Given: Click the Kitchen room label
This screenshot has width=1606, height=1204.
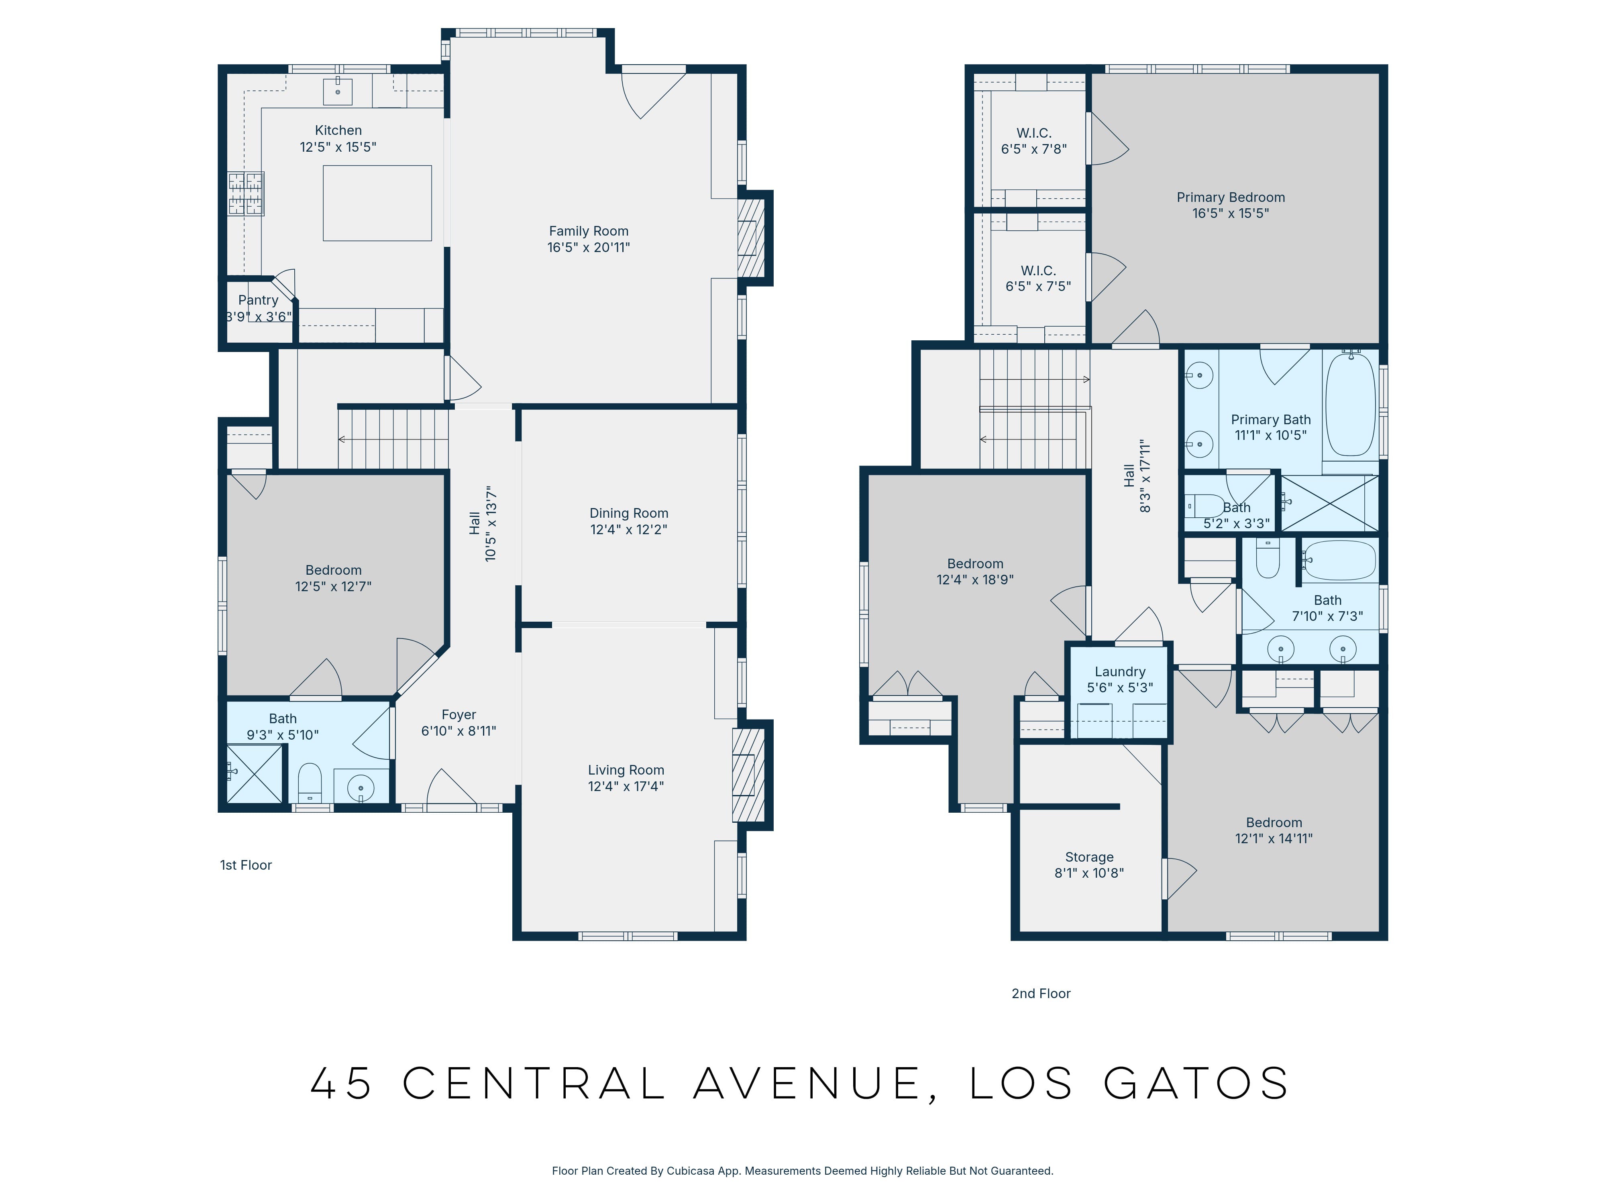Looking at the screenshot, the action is pos(338,130).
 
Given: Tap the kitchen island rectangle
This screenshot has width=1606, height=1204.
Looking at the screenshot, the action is pos(377,203).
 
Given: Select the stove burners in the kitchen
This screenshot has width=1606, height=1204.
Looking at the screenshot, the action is pos(245,194).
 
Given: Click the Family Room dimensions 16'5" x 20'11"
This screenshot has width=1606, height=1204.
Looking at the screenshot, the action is pos(589,248).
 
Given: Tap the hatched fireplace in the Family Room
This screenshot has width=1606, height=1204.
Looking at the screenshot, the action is pos(752,238).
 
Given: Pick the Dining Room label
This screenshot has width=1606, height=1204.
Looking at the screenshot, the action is pos(629,513).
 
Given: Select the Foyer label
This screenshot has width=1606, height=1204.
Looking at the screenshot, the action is pos(459,715).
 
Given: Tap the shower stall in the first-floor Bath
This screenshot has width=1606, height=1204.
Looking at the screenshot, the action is pos(255,774).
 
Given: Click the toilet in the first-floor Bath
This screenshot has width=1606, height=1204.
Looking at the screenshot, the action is pos(310,782).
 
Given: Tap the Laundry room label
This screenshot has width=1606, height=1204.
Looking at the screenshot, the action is pos(1120,672).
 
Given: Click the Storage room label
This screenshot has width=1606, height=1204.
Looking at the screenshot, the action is pos(1089,857).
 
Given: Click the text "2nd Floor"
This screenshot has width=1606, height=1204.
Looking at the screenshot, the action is pos(1041,994).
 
